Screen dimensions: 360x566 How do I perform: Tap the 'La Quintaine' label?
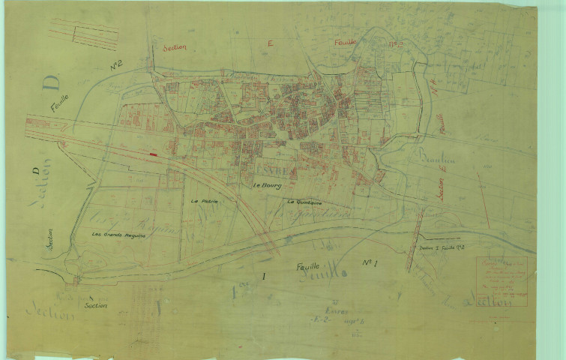tap(303, 202)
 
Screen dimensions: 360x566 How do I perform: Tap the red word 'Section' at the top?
tap(174, 46)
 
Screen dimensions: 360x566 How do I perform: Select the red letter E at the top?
tap(269, 44)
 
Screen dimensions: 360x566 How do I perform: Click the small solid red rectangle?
tap(154, 154)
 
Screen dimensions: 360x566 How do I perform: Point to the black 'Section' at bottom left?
tap(95, 306)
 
